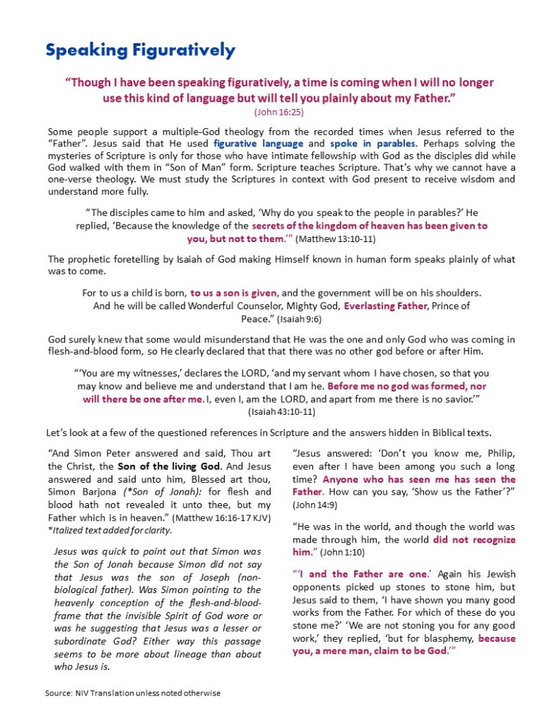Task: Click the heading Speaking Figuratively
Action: click(x=140, y=50)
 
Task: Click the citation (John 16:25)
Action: click(x=279, y=113)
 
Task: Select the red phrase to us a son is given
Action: click(x=235, y=293)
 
